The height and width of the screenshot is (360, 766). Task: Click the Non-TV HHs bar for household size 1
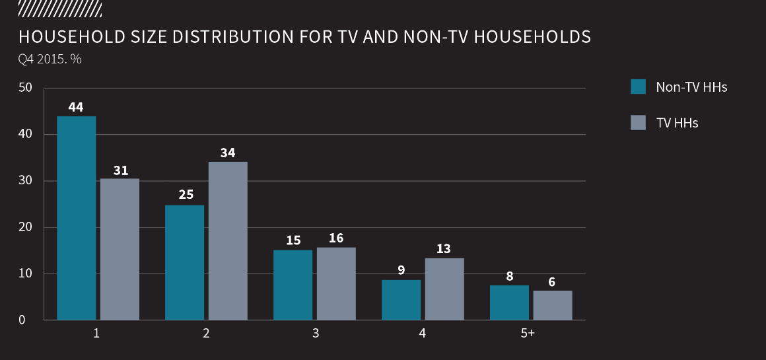77,218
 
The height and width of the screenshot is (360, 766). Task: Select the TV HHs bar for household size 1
120,249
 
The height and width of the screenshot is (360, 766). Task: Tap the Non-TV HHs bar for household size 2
185,262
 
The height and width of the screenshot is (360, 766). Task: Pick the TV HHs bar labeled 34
228,240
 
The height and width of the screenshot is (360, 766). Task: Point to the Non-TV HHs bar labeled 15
293,285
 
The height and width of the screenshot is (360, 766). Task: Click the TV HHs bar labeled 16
336,283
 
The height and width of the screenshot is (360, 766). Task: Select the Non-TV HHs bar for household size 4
401,300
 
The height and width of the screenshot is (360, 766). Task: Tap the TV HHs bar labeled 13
444,289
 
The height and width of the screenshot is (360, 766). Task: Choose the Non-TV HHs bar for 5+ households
509,303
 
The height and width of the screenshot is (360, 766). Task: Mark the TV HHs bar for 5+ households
553,305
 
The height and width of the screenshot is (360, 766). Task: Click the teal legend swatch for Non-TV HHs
638,87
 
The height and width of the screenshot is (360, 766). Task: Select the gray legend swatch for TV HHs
638,122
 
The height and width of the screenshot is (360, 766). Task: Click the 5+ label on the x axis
528,334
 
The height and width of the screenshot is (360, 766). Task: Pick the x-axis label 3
316,334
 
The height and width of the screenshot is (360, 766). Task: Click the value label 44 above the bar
76,106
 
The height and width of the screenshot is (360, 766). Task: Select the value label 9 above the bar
401,270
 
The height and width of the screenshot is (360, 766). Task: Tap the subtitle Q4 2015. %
50,59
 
